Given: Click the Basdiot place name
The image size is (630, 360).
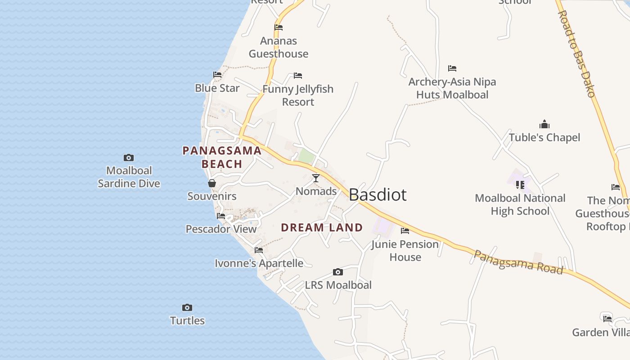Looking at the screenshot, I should coord(378,195).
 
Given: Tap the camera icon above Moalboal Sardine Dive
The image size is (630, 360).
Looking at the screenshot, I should coord(129,157).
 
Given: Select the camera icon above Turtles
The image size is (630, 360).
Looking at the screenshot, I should coord(187,308).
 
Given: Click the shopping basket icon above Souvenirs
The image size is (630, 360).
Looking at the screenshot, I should coord(212,183).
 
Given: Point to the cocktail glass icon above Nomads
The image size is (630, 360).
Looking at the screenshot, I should coord(316,178).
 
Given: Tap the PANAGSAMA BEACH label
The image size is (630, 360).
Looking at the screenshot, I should coord(222,157).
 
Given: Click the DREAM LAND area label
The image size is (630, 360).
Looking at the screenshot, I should coord(322,228).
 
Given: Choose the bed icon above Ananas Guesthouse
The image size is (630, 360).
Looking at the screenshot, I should coord(279,27).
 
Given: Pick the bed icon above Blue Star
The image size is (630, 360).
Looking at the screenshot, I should coord(217,75).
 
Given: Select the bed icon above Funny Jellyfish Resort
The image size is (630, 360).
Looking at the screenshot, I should coord(298,76).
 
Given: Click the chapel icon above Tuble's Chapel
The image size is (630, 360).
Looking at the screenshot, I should coord(544,125).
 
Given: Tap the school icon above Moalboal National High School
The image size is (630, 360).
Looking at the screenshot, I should coord(520,184).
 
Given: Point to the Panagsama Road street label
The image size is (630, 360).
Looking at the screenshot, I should coord(518,262).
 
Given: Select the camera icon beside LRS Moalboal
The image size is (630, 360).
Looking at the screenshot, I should coord(338,272).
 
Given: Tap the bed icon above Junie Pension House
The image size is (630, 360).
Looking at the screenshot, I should coord(405,231).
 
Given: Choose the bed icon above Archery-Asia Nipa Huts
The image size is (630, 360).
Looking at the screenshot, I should coord(452,68).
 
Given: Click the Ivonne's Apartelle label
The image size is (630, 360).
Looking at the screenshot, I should coord(259,263).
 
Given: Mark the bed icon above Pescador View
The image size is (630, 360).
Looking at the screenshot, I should coord(221,216).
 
